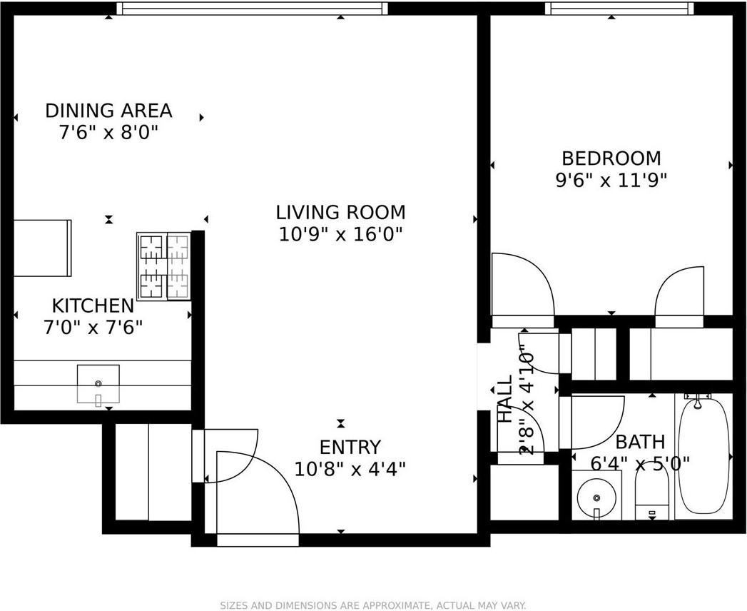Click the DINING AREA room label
coord(108,111)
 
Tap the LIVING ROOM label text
coord(341,212)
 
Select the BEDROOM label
coord(611,158)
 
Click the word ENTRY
coord(350,448)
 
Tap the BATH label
coord(640,443)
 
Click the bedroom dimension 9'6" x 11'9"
coord(611,181)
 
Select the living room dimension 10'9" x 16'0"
coord(341,235)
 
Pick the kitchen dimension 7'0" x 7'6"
coord(93,328)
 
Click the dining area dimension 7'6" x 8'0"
coord(108,133)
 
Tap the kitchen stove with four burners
coord(164,266)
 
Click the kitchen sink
coord(98,384)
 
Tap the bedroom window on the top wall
coord(619,8)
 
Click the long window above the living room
coord(252,8)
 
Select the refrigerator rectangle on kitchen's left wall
coord(42,248)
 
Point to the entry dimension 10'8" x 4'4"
coord(350,470)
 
